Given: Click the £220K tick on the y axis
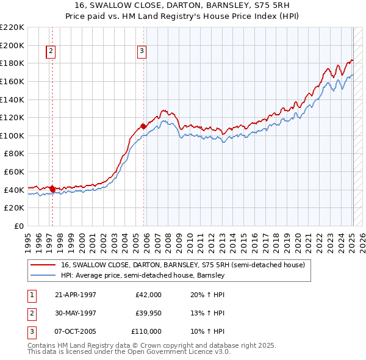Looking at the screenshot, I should click(12, 27).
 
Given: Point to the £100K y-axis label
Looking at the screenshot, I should click(12, 135).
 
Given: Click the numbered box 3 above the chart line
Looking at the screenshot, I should click(141, 52).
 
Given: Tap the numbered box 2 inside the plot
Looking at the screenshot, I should click(51, 52).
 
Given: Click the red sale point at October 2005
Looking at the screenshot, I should click(143, 126).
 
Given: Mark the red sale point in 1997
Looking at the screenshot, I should click(52, 189).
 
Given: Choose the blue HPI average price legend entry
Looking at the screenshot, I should click(143, 275).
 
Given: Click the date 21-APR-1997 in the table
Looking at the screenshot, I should click(76, 295).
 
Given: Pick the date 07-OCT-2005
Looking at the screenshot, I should click(76, 331).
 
